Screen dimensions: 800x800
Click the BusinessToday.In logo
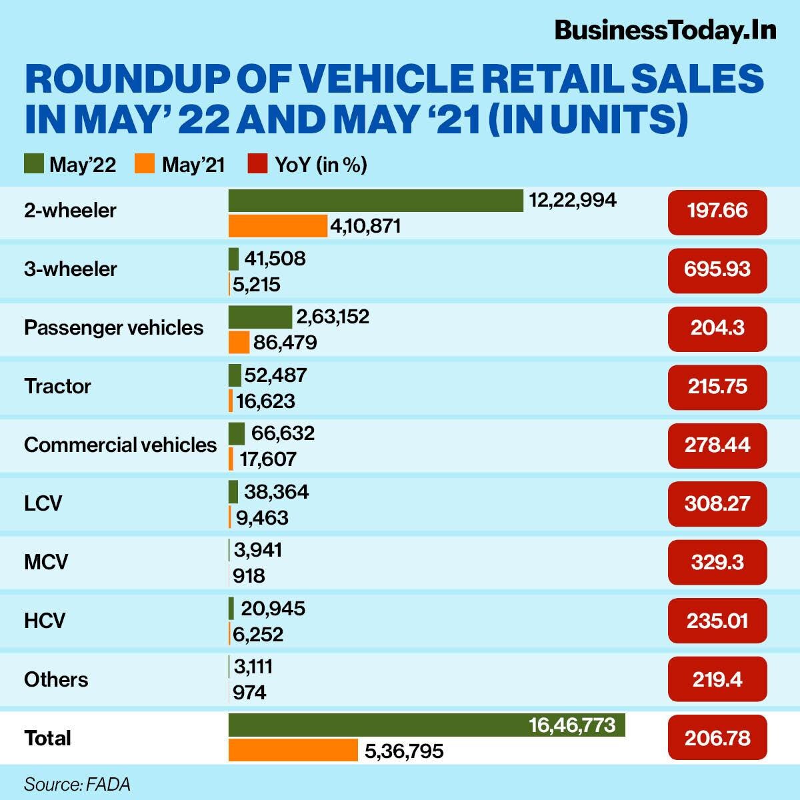coord(665,30)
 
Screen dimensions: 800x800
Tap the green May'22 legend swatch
coord(34,164)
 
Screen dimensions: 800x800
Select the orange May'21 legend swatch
coord(145,164)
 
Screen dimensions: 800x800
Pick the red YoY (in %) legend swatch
coord(257,164)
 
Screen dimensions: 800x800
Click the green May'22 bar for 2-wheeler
coord(375,200)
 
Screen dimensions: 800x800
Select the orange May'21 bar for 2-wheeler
coord(277,226)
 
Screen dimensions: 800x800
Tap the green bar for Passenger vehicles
coord(260,317)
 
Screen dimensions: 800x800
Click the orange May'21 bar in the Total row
coord(293,751)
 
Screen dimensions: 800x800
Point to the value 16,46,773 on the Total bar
coord(572,725)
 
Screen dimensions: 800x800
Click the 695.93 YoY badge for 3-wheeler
coord(717,269)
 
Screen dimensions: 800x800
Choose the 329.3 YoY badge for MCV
coord(717,562)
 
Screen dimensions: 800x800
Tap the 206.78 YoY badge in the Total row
coord(717,738)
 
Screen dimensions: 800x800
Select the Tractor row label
coord(57,386)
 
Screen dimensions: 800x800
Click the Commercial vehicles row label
coord(120,445)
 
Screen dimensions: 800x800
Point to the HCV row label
coord(45,621)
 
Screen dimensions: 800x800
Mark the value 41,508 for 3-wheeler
coord(275,258)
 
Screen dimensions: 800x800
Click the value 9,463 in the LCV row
coord(262,518)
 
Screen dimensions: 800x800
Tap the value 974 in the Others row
coord(250,693)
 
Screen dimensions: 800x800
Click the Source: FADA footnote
coord(77,784)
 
